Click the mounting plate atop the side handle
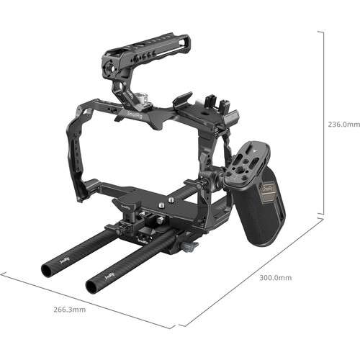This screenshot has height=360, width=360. (x=248, y=155)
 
